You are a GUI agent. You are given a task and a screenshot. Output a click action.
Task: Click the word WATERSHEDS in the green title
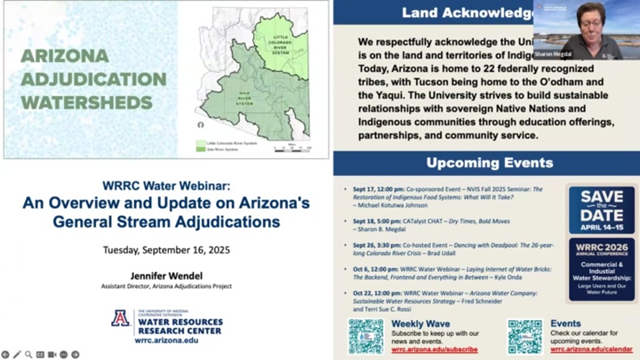pos(86,100)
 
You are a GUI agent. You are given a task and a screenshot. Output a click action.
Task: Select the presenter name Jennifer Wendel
pos(166,264)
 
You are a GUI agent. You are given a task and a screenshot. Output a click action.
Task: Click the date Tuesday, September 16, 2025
pos(166,249)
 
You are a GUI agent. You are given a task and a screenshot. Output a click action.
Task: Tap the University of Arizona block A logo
pos(119,319)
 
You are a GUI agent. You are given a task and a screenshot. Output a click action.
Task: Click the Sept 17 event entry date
pos(360,190)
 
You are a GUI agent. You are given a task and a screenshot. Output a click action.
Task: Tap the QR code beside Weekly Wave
pos(365,336)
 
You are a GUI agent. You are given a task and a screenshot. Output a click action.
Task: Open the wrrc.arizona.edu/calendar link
pos(592,349)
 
